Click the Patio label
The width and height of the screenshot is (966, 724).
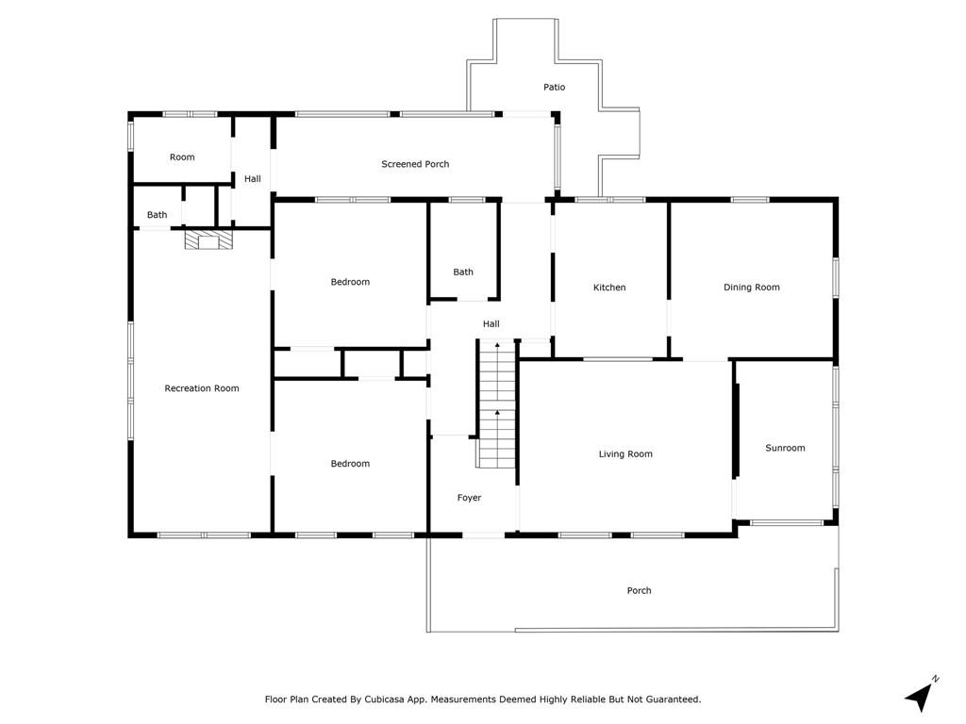(x=554, y=88)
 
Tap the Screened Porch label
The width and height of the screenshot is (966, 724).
(x=415, y=164)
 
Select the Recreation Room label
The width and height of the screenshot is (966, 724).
(x=202, y=387)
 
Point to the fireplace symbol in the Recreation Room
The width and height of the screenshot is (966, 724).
(x=208, y=239)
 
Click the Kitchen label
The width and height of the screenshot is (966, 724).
(x=609, y=288)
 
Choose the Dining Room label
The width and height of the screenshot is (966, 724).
(x=752, y=287)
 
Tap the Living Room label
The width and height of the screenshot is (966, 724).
(x=625, y=453)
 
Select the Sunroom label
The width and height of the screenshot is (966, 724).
(x=785, y=448)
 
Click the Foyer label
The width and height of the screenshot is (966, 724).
(x=469, y=498)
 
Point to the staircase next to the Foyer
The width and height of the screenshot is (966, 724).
(x=496, y=403)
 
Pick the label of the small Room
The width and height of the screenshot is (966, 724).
(x=182, y=157)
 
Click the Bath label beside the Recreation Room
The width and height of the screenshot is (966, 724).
(x=158, y=215)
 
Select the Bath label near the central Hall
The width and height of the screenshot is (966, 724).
(x=463, y=271)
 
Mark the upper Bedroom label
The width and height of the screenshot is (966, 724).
(x=350, y=282)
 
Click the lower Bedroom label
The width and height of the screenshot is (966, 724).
(x=350, y=464)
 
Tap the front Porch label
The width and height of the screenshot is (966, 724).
(x=639, y=590)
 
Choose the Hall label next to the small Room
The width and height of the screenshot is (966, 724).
(x=253, y=178)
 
